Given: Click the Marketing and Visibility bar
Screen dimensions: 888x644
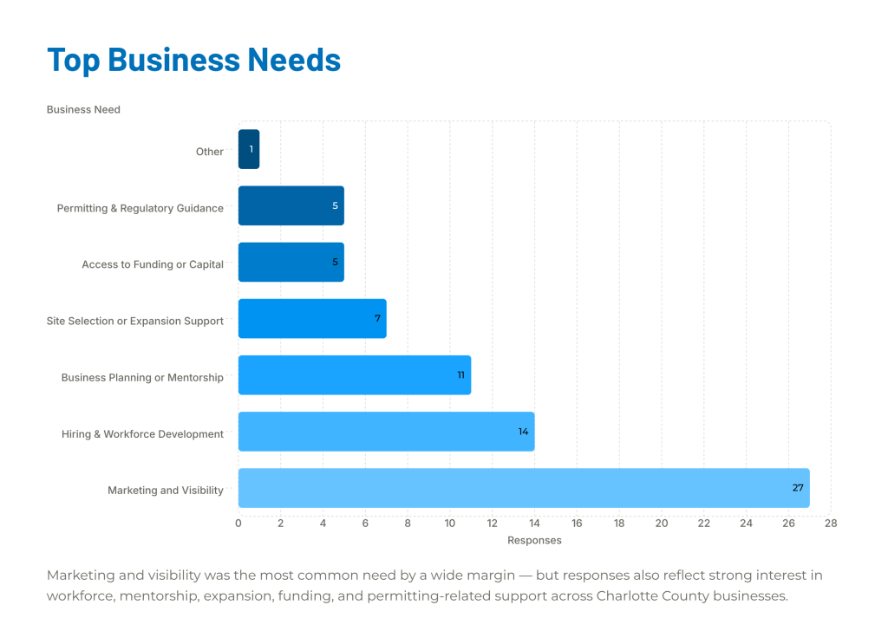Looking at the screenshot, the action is click(524, 488).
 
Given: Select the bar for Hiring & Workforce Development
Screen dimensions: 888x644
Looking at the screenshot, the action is click(386, 432).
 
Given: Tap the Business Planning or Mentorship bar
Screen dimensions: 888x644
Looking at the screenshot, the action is click(355, 375).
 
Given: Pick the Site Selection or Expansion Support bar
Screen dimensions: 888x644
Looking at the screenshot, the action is click(312, 319).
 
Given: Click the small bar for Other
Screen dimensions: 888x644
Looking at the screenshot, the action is click(249, 149).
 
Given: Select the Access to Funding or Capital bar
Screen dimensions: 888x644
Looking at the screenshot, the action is click(291, 262).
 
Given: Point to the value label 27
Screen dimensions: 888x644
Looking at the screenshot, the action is click(798, 488).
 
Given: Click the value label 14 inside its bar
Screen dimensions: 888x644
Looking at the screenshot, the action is click(523, 432).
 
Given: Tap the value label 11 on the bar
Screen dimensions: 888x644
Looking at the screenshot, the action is click(461, 375).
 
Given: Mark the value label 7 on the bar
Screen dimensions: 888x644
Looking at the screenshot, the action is click(378, 319).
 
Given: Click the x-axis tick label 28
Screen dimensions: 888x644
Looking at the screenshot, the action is click(831, 524).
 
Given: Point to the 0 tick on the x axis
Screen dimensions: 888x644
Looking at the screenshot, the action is click(238, 524).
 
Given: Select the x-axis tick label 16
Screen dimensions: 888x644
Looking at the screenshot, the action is click(577, 524).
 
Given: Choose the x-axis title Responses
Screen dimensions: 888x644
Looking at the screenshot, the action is click(534, 541).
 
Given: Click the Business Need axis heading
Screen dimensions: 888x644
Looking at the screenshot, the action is click(83, 110).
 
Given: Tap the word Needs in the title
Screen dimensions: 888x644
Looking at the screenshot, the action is click(294, 60).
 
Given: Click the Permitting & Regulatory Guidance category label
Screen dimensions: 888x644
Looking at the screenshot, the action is click(140, 208).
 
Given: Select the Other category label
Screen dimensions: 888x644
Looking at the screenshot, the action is click(210, 152).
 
